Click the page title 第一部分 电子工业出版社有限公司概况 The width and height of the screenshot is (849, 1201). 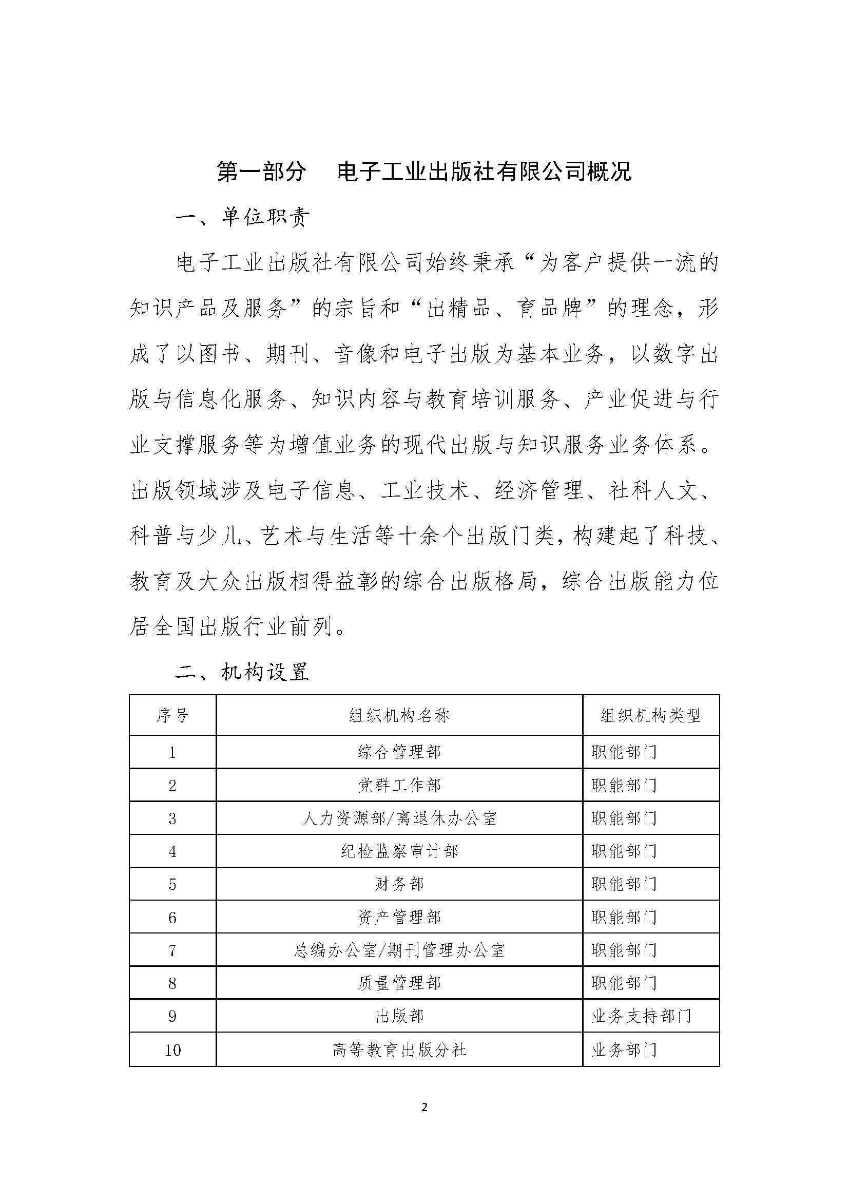424,171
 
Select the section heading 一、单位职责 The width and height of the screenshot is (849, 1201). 243,218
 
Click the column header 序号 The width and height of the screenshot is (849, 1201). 172,715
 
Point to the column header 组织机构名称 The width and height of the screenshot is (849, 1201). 399,715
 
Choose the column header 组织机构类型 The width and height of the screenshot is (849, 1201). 650,715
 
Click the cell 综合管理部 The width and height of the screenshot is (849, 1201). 399,752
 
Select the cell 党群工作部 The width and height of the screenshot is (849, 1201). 399,785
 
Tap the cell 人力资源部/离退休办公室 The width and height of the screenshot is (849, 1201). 399,818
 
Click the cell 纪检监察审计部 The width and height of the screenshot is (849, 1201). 399,851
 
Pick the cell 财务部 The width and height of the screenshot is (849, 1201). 399,884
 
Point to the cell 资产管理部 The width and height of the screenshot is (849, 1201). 399,917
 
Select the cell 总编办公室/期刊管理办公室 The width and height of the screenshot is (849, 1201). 399,950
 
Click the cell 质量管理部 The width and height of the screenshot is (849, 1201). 399,983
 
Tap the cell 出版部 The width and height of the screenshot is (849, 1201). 399,1016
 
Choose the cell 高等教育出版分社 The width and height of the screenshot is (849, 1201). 399,1050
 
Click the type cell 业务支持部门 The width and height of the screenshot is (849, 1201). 641,1016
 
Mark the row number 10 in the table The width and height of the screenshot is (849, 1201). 172,1050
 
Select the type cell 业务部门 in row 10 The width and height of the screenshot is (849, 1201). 624,1050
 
